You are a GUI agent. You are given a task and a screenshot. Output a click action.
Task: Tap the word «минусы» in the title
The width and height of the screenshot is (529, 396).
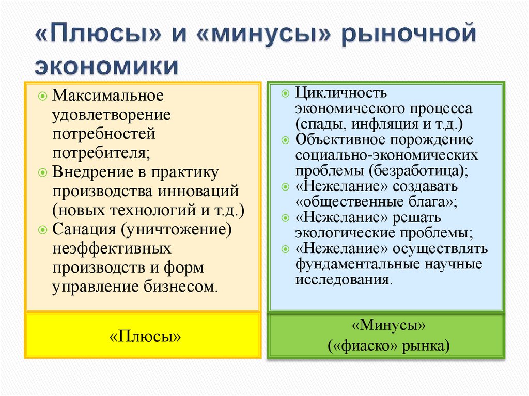[x=261, y=38]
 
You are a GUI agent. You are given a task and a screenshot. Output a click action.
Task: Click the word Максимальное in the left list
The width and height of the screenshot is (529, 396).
[x=108, y=96]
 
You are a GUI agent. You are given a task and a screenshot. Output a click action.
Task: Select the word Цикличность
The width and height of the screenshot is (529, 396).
[x=341, y=94]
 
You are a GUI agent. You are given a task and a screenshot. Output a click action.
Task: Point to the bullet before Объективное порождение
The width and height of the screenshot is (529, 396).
[x=286, y=140]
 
